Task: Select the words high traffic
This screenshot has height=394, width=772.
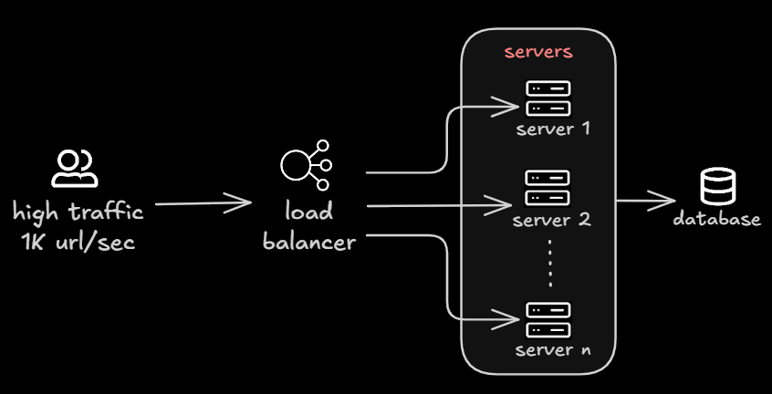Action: [78, 213]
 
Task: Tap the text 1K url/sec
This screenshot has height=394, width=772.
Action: [78, 243]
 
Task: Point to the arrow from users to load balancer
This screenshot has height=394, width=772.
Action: [203, 203]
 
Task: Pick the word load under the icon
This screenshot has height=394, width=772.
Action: [308, 213]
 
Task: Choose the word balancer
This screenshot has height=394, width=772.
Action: [308, 243]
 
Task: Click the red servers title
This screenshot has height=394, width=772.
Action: [538, 52]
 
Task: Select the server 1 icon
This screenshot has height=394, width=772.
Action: [548, 98]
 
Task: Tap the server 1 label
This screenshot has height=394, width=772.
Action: [553, 129]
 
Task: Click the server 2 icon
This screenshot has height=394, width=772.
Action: [548, 187]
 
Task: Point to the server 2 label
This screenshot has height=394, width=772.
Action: [552, 220]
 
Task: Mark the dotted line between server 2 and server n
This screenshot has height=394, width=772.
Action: [549, 264]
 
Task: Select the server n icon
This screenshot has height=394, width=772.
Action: [548, 320]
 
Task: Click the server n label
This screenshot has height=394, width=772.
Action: [551, 350]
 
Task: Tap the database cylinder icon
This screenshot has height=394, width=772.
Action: [717, 187]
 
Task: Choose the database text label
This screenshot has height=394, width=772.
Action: [717, 220]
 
